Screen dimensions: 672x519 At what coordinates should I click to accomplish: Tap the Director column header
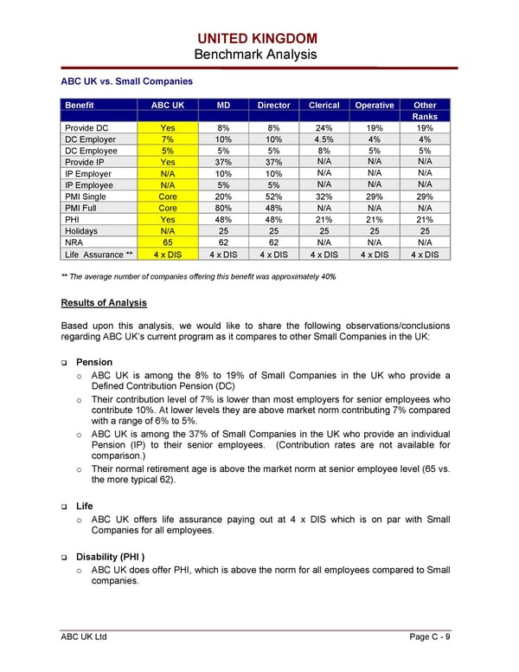click(273, 106)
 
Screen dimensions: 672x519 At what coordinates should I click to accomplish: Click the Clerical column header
click(324, 106)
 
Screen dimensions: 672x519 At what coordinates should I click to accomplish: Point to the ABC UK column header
click(168, 106)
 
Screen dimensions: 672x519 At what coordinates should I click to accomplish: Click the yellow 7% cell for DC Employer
click(168, 139)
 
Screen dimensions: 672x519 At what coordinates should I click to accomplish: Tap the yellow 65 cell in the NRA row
click(168, 242)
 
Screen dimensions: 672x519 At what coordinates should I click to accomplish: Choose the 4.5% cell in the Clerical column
click(324, 139)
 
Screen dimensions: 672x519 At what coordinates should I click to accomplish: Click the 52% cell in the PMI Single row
click(273, 197)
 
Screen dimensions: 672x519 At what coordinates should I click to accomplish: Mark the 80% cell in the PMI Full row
click(222, 208)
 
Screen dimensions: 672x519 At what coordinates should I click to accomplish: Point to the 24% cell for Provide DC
click(324, 128)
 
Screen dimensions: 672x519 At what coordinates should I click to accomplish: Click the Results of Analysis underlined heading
click(104, 303)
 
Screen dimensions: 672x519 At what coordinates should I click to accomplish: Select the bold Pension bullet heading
click(95, 362)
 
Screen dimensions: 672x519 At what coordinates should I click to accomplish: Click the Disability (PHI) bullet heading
click(111, 557)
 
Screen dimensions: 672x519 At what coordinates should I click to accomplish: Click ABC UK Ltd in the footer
click(83, 637)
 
